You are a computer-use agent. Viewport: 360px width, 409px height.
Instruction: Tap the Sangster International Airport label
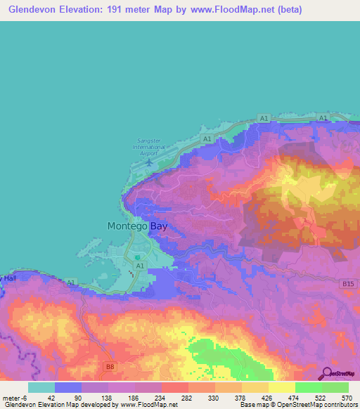tap(149, 146)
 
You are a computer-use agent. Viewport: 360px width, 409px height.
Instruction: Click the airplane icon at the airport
tap(149, 162)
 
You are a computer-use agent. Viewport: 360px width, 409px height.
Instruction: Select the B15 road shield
tap(345, 283)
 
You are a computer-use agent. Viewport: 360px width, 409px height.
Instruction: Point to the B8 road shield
tap(110, 366)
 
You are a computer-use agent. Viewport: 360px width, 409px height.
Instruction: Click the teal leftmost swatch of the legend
tap(41, 387)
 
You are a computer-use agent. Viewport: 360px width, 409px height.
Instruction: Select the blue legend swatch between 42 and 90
tap(68, 387)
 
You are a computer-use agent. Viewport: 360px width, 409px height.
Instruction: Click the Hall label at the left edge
tap(8, 279)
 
